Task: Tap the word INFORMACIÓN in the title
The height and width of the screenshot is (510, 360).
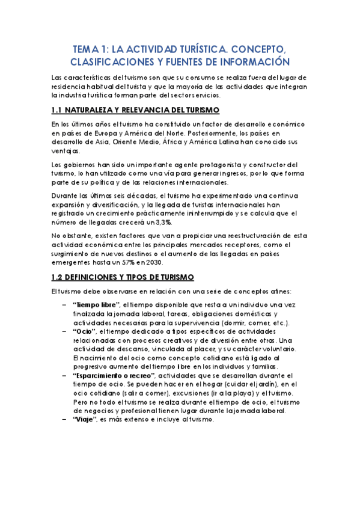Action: [253, 63]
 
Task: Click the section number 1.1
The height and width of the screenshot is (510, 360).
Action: [58, 109]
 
